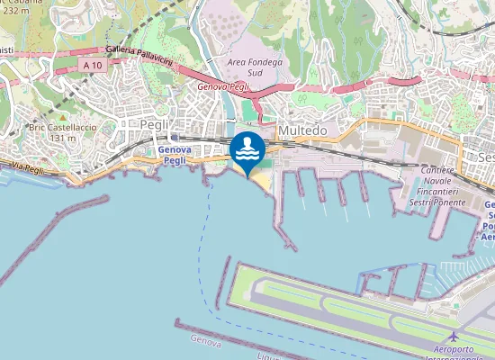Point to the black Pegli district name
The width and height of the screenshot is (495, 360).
[x=155, y=124]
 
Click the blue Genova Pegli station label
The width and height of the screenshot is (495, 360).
[x=173, y=155]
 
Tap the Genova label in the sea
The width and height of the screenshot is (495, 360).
[x=206, y=341]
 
